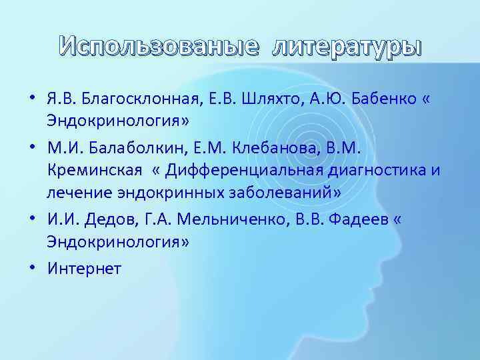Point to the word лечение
coord(74,193)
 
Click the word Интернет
coord(84,268)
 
